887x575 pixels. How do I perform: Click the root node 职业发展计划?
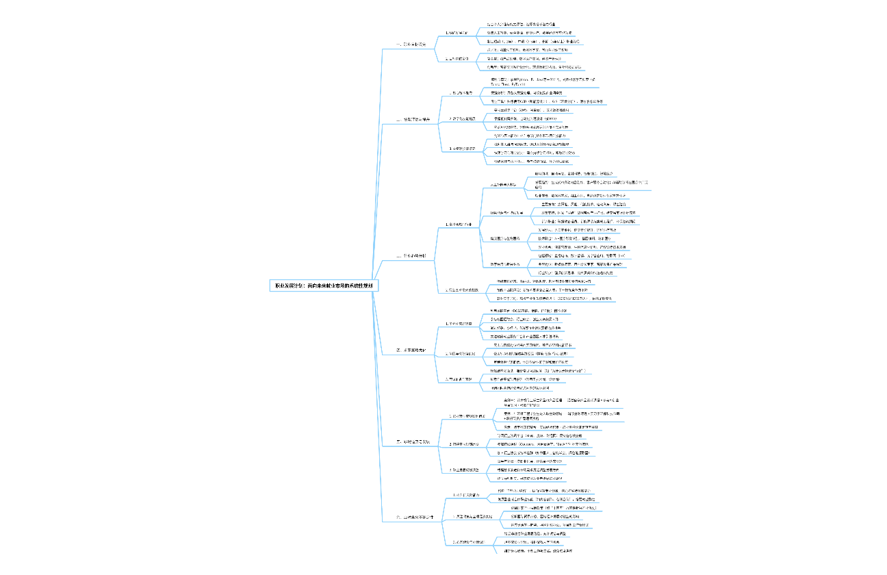click(324, 285)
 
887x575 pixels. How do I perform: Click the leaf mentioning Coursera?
click(541, 445)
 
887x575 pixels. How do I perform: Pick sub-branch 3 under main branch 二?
click(463, 149)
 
